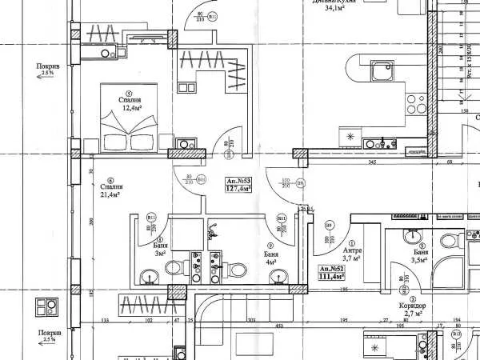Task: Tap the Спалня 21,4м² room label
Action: pyautogui.click(x=110, y=190)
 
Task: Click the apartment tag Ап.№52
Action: pyautogui.click(x=331, y=273)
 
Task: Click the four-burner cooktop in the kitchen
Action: pyautogui.click(x=417, y=104)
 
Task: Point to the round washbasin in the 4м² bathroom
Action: pyautogui.click(x=278, y=277)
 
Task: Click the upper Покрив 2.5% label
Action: pyautogui.click(x=46, y=70)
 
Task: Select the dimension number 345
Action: pyautogui.click(x=372, y=163)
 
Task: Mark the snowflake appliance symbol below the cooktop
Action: pyautogui.click(x=350, y=138)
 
